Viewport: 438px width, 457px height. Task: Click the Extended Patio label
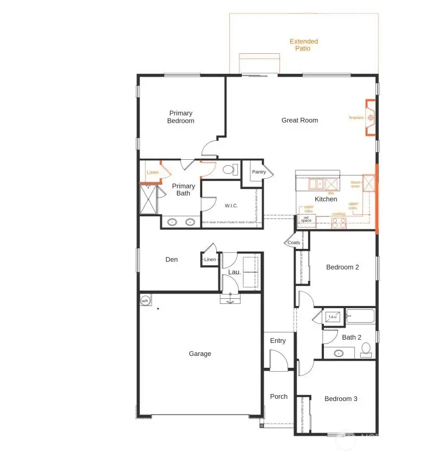(303, 45)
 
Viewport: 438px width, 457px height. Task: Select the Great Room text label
(299, 120)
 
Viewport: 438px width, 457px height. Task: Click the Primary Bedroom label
(180, 117)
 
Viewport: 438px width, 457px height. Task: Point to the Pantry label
(259, 172)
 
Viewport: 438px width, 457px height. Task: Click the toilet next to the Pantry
(229, 170)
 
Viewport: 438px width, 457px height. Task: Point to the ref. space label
(306, 219)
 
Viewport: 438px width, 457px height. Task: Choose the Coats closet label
(293, 242)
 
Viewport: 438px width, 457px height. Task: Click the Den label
(172, 260)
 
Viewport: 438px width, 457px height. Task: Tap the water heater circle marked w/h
(145, 301)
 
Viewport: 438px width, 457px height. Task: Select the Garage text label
(200, 354)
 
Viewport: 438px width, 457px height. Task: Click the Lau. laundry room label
(234, 272)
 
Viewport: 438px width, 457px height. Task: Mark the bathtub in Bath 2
(361, 316)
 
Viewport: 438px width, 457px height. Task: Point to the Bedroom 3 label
(341, 399)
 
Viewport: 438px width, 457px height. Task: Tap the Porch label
(279, 397)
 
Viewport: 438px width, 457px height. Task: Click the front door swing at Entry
(278, 361)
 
